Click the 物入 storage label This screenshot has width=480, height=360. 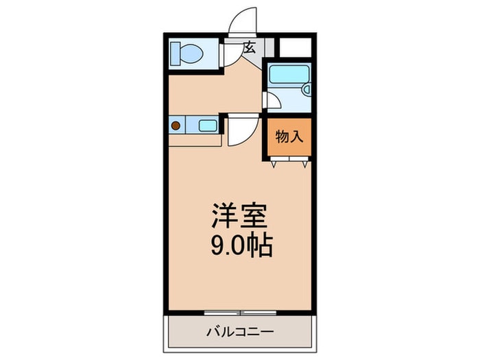click(x=288, y=135)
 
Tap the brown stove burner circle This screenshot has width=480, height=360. click(x=177, y=125)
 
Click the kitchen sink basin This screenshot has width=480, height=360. click(x=208, y=125)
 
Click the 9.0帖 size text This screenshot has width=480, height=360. click(x=239, y=245)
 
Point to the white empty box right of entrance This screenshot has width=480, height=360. click(x=296, y=47)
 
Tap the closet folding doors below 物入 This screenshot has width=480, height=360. click(x=288, y=163)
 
